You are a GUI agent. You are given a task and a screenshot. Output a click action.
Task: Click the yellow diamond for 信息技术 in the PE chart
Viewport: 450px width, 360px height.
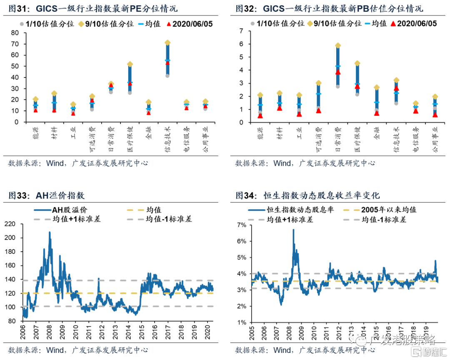pyautogui.click(x=167, y=42)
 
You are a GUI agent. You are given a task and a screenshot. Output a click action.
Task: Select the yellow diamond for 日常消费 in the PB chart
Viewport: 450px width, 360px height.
pyautogui.click(x=338, y=45)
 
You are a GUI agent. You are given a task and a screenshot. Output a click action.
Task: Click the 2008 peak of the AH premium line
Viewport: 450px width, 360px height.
pyautogui.click(x=50, y=232)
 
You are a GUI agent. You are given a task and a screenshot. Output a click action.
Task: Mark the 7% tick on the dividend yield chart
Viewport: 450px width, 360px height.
pyautogui.click(x=241, y=225)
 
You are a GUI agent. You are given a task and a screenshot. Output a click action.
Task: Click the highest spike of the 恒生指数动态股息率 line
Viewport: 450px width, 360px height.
pyautogui.click(x=293, y=230)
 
